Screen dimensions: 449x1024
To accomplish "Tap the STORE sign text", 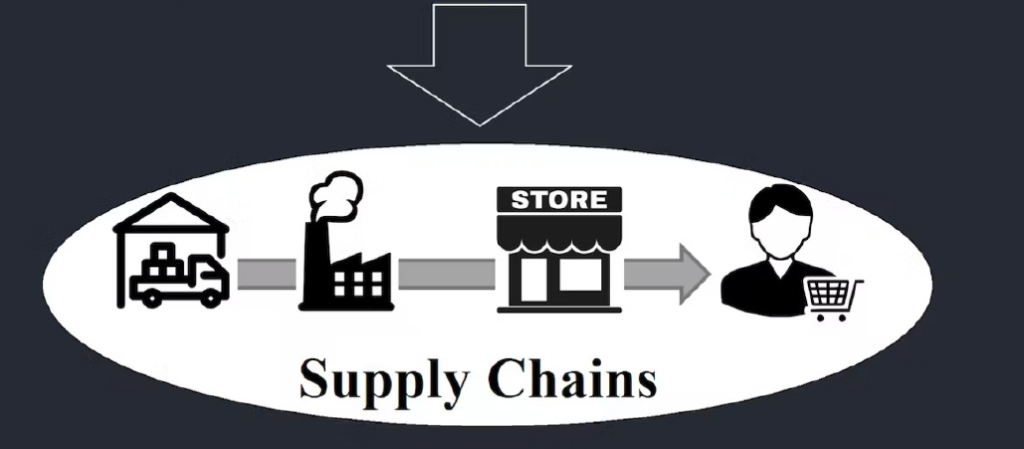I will pos(558,199).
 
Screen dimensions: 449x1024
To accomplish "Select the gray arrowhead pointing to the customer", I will pos(692,272).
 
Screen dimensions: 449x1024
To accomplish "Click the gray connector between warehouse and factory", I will pos(266,273).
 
